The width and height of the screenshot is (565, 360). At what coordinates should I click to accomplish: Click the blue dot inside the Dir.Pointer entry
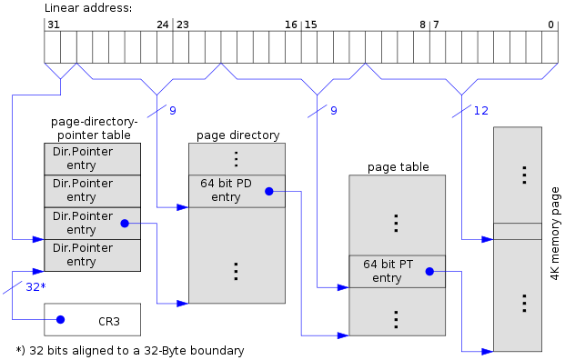click(125, 223)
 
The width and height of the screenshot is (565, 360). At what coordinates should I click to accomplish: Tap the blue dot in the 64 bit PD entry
click(268, 191)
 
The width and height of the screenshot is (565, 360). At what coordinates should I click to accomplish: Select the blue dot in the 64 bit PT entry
click(429, 271)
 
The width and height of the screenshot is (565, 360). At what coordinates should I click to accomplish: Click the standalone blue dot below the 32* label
click(60, 319)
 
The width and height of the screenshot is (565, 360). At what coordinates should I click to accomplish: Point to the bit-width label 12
click(481, 111)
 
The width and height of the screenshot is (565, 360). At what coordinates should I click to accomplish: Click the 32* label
click(35, 286)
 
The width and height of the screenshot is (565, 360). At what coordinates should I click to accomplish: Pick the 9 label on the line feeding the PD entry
click(173, 111)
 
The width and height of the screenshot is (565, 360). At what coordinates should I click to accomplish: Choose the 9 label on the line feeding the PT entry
click(333, 111)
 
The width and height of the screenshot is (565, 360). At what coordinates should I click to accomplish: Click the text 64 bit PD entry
click(226, 191)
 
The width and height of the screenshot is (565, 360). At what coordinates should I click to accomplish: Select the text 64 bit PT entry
click(388, 271)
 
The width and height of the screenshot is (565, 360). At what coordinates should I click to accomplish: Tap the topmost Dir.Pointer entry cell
click(92, 158)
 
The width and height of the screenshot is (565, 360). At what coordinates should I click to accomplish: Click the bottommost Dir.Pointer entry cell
click(92, 255)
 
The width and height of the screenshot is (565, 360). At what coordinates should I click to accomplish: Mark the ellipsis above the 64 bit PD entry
click(236, 158)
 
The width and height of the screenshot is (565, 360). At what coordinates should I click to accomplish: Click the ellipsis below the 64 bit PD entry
click(236, 271)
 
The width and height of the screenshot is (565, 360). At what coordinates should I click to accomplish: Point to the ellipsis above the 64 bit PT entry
click(396, 223)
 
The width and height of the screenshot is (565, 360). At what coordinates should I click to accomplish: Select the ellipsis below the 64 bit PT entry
click(396, 319)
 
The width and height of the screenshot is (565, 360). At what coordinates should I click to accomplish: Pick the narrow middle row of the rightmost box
click(517, 231)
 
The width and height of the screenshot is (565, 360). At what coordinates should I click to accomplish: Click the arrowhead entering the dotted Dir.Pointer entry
click(39, 239)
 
